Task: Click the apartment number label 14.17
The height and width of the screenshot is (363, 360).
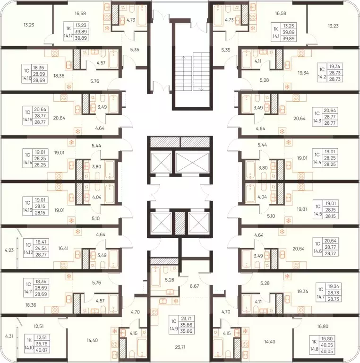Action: (68, 36)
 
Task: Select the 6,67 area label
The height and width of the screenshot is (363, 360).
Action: (194, 286)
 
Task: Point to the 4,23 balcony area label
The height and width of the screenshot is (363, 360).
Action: (9, 250)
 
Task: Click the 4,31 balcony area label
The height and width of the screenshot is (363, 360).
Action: (9, 336)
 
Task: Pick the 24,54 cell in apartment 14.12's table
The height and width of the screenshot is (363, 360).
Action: (41, 249)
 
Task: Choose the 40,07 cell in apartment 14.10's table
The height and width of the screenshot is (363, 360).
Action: (42, 350)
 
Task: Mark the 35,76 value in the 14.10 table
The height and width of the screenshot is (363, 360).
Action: (42, 344)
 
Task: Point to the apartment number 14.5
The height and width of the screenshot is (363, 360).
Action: (318, 214)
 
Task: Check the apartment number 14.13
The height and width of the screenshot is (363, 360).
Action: (27, 210)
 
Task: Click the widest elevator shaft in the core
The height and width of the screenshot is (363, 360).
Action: (192, 163)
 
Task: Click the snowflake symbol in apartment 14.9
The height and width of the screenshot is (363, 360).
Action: (176, 301)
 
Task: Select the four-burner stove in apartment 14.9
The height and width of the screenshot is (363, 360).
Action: (154, 312)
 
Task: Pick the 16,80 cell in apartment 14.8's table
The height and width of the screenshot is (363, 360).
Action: (327, 339)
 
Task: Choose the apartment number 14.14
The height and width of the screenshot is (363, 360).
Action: (27, 163)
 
